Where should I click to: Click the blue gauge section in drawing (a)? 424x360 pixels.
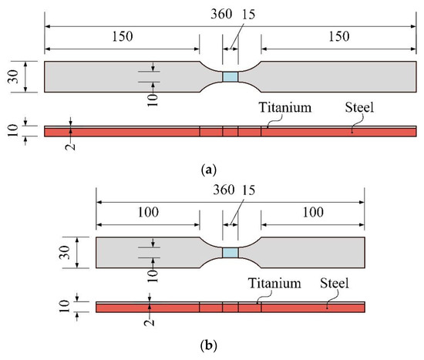230,77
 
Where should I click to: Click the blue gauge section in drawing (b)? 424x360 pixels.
230,254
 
